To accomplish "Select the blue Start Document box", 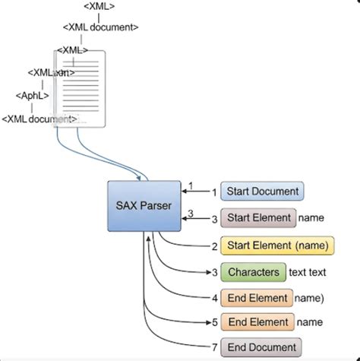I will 262,191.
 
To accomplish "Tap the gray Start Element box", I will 257,218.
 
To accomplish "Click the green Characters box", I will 253,272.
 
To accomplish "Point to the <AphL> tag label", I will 33,96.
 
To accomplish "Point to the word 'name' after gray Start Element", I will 311,218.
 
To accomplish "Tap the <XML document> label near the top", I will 101,27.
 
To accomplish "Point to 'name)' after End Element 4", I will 311,298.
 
